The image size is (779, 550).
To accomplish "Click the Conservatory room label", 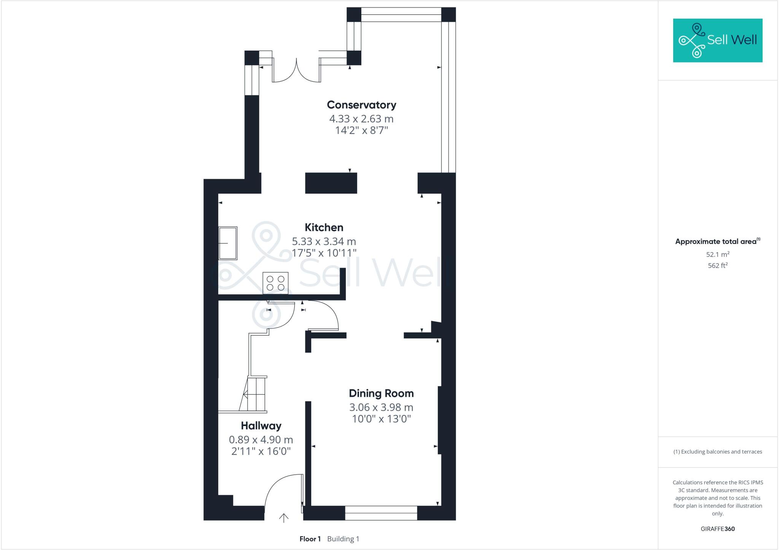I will point(361,105).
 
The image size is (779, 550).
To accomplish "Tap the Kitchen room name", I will point(324,227).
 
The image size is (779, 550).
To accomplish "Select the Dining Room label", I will point(381,393).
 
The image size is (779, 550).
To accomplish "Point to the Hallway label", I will point(261,426).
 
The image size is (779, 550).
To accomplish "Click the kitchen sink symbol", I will point(228,243).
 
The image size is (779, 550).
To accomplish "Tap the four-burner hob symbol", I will point(275,283).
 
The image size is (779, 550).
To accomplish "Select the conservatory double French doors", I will point(296,72).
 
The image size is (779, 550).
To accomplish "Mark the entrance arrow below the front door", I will point(284,518).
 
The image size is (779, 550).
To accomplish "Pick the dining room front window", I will point(381,513).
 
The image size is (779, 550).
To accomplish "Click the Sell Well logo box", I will point(717,40).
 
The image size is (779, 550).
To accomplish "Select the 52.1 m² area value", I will point(717,254).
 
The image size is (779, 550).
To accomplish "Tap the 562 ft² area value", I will point(717,265).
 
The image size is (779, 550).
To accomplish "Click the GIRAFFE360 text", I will point(717,529).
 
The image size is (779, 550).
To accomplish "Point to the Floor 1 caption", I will point(310,539).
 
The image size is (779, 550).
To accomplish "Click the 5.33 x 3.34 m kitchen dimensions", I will point(324,241).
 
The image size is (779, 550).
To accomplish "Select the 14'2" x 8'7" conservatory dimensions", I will point(361,130).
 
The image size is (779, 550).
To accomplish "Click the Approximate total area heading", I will point(716,242).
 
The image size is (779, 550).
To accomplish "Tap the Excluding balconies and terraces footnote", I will point(717,452).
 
